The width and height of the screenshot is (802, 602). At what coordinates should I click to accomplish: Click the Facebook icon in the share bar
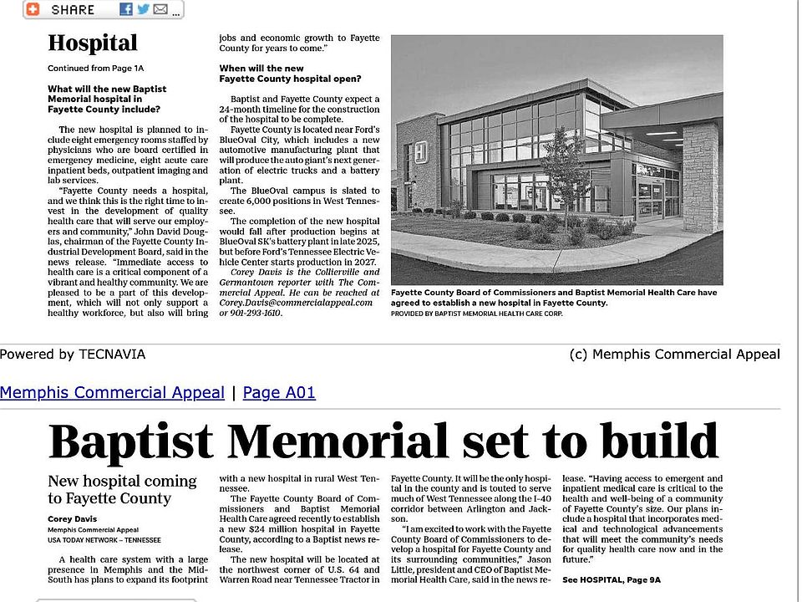(x=126, y=9)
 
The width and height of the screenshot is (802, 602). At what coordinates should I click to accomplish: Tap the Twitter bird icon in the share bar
(x=143, y=9)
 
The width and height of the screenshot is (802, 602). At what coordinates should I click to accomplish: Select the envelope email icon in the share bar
(x=160, y=9)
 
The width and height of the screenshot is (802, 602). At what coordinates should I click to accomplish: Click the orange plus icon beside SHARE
(x=33, y=9)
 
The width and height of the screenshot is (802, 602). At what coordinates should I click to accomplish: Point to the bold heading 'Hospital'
(x=92, y=43)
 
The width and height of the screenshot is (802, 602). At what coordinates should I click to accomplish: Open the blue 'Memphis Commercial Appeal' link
(x=112, y=392)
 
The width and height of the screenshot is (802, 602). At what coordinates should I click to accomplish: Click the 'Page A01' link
(x=279, y=392)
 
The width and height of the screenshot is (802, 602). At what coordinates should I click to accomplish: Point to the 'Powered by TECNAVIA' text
(x=73, y=355)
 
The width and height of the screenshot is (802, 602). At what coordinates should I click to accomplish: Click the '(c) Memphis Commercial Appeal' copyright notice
(x=673, y=355)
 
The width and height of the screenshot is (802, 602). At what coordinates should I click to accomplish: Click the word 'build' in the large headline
(x=652, y=441)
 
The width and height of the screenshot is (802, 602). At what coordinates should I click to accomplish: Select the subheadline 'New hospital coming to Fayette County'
(x=122, y=490)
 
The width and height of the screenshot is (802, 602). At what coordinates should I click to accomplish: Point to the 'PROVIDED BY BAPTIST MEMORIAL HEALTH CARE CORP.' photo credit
(x=476, y=314)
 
